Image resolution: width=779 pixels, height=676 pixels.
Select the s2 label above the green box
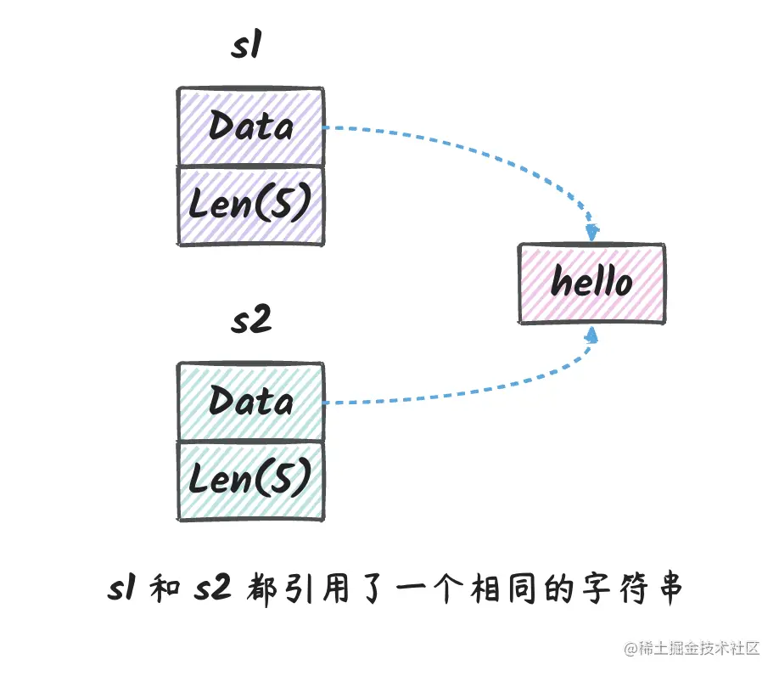pos(250,323)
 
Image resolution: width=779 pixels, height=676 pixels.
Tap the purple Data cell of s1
pos(249,127)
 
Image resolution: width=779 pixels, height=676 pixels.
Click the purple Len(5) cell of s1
pos(249,206)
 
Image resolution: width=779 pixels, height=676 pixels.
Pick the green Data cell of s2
pos(249,401)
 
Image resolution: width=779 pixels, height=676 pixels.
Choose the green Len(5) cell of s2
pos(249,481)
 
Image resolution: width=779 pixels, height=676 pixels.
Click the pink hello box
pos(591,283)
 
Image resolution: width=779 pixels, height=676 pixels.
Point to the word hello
pos(591,281)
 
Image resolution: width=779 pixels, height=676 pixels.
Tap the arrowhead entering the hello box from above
pos(593,231)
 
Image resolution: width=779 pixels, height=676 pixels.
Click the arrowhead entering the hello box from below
pos(592,335)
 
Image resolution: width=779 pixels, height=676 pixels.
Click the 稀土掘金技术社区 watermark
pos(692,650)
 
